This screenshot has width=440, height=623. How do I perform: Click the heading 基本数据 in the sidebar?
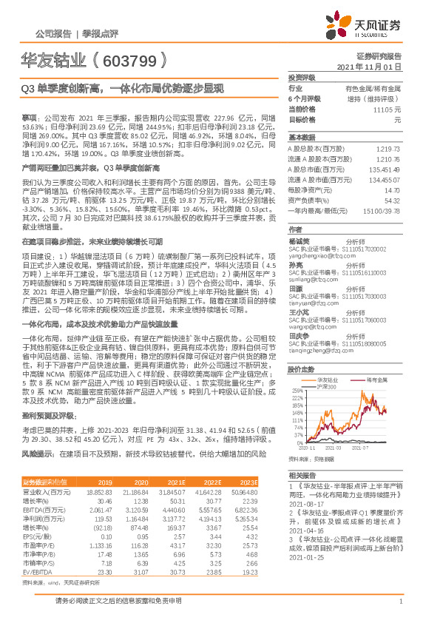coord(301,138)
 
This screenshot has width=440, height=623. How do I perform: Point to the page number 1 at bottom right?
coord(400,610)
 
